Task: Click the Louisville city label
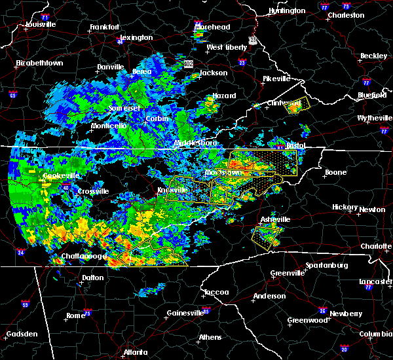pyautogui.click(x=41, y=25)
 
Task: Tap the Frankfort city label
pyautogui.click(x=105, y=27)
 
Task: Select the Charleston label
pyautogui.click(x=346, y=15)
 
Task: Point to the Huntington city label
pyautogui.click(x=286, y=11)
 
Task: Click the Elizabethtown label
pyautogui.click(x=39, y=63)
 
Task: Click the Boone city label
pyautogui.click(x=336, y=173)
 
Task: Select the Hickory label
pyautogui.click(x=345, y=207)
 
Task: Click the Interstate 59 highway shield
pyautogui.click(x=25, y=304)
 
